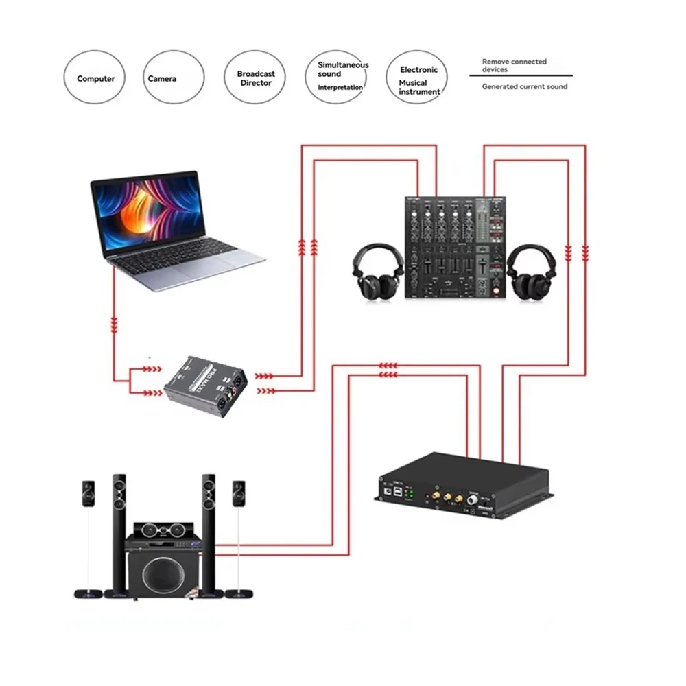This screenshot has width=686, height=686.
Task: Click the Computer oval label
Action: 96,78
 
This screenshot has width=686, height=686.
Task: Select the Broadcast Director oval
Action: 255,78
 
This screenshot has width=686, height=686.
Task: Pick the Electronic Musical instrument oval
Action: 418,76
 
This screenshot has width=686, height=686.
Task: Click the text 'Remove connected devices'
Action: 514,65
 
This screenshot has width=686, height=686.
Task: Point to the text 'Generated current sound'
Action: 525,86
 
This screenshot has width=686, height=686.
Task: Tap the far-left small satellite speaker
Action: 88,493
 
